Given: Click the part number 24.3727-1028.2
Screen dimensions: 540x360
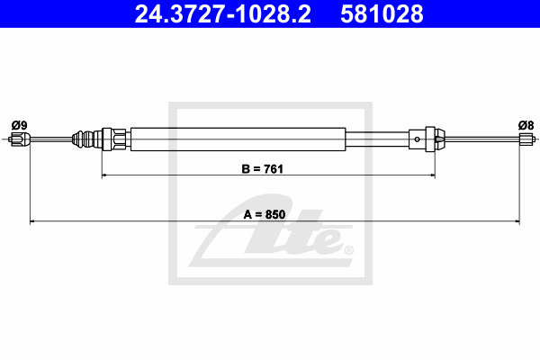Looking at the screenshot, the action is click(x=222, y=13).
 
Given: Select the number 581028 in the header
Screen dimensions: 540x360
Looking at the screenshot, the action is click(x=382, y=13).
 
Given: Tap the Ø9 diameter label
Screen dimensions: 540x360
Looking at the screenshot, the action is click(x=19, y=125).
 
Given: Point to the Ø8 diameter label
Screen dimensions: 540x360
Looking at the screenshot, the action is click(x=526, y=125).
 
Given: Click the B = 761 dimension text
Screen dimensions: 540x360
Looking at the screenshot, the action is click(x=263, y=169).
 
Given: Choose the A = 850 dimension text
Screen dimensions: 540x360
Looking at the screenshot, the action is click(x=265, y=214).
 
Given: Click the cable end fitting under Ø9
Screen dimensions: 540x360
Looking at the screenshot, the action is click(x=21, y=139).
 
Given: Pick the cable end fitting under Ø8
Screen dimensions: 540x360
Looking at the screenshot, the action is click(x=526, y=139).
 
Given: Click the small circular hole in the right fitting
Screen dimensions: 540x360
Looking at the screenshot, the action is click(x=417, y=139).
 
